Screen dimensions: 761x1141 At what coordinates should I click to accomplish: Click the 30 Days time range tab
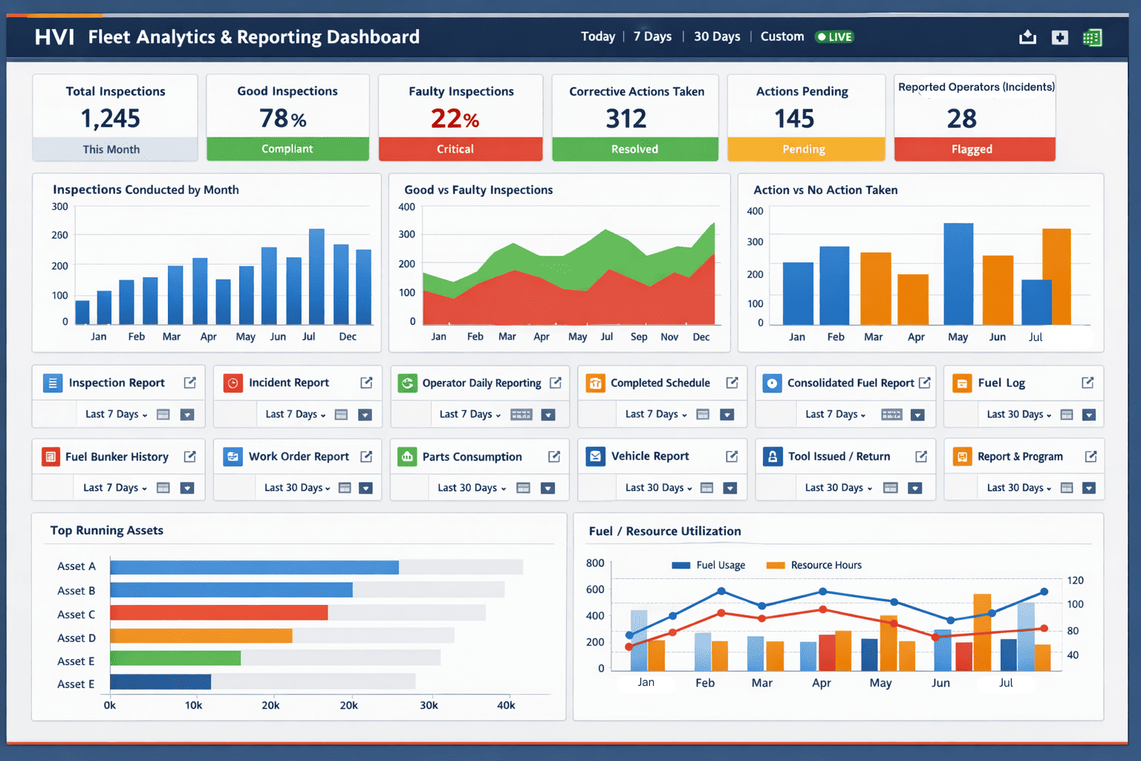716,36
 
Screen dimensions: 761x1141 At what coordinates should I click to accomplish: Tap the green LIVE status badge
834,37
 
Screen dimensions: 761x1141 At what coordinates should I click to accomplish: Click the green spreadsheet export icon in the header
1092,37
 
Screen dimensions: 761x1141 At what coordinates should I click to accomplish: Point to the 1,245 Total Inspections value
110,119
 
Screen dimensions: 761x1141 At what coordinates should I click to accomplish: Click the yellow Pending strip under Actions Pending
805,149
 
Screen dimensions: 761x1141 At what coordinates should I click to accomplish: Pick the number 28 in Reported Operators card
961,119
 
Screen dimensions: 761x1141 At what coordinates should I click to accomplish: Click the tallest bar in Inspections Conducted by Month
316,276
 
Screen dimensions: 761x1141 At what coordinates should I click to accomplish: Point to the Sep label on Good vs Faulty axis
638,337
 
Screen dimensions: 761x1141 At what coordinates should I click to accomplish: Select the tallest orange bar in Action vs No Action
1056,276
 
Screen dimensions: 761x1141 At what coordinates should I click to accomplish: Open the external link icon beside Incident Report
366,383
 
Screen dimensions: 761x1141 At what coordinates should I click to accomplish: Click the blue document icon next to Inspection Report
52,383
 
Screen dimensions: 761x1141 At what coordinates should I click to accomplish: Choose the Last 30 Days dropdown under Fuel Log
1018,415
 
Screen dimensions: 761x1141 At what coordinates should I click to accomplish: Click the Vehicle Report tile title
649,456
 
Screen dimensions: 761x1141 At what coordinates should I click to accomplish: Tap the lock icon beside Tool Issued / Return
773,456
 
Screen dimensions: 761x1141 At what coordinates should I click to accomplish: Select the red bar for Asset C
218,613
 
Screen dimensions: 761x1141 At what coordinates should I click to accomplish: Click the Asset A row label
77,566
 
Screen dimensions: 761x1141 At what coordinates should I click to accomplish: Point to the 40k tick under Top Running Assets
506,705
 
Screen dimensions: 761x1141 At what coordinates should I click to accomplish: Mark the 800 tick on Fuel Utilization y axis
595,563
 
